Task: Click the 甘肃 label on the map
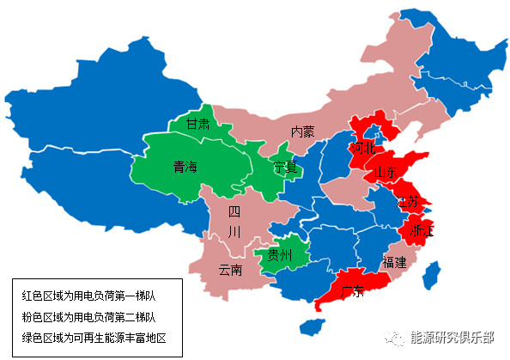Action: [x=198, y=125]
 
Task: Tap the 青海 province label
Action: [x=185, y=167]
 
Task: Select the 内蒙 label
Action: [x=302, y=131]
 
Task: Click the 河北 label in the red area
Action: [x=363, y=148]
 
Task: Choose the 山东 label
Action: [x=387, y=173]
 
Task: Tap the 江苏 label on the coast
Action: [x=408, y=203]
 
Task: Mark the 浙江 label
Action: [x=422, y=231]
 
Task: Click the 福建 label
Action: [x=395, y=262]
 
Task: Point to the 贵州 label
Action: [x=280, y=256]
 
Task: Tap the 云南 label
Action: [x=230, y=270]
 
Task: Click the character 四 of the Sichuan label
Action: [x=234, y=211]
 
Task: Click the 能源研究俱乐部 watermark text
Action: [x=452, y=337]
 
